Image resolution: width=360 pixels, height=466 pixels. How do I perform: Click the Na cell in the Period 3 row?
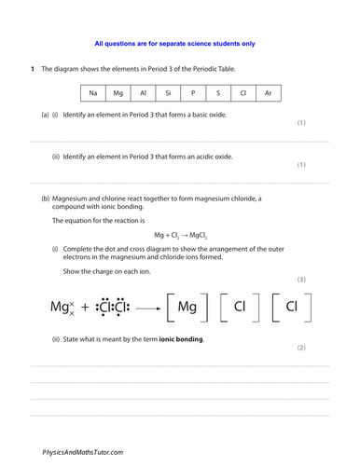92,93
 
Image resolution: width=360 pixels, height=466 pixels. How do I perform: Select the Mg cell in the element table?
118,93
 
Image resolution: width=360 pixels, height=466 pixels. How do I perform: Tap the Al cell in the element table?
143,93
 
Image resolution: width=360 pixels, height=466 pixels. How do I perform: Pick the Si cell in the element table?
168,93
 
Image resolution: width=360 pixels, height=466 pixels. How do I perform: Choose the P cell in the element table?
193,93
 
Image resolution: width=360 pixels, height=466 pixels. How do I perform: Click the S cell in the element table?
218,93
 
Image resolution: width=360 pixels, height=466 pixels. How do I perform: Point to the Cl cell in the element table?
243,93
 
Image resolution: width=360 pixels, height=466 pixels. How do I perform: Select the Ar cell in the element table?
269,93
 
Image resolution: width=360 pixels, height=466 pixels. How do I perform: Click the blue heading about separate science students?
175,44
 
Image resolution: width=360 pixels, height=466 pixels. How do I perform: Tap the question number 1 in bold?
32,70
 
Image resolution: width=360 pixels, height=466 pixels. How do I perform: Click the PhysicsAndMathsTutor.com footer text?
83,452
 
